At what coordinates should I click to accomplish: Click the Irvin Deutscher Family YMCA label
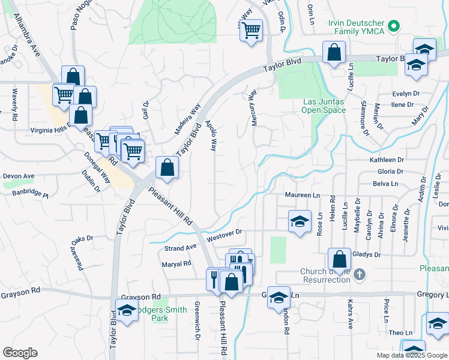point(356,26)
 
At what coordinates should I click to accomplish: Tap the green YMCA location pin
point(394,26)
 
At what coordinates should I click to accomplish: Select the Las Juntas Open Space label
point(324,106)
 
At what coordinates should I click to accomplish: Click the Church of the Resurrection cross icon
point(359,275)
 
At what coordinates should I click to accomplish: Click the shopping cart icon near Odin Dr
point(252,29)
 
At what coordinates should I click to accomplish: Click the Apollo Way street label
point(211,135)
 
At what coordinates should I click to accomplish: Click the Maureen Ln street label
point(303,196)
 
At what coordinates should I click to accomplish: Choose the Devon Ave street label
point(19,176)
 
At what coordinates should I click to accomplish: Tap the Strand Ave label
point(181,247)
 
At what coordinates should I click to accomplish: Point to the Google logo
point(20,353)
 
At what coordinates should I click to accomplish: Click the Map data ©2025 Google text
point(411,355)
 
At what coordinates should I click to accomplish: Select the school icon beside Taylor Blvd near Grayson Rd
point(127,311)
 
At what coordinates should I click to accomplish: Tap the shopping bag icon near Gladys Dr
point(339,260)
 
